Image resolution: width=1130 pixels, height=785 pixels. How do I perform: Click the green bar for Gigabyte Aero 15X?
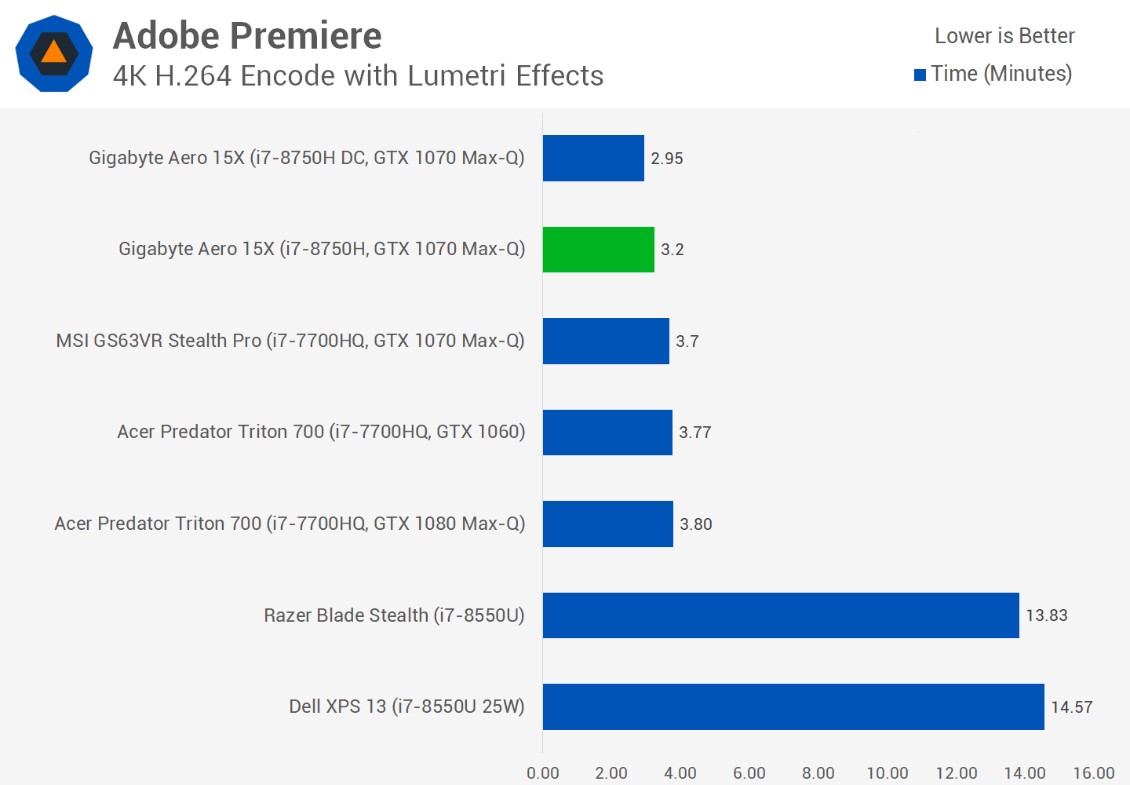click(598, 250)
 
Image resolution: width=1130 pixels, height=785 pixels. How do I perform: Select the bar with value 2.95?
click(593, 159)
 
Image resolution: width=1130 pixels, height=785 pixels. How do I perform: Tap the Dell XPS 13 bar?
click(793, 706)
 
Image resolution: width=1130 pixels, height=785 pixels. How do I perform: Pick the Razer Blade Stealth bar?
click(781, 615)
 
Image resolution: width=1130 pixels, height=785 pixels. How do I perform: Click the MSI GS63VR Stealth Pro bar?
click(606, 341)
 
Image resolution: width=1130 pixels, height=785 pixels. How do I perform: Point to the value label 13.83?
click(1047, 615)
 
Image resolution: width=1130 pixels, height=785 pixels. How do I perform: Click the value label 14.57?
click(1072, 707)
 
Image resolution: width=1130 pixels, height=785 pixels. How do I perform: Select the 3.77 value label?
click(695, 433)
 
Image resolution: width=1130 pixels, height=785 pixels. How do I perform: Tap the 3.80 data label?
click(696, 524)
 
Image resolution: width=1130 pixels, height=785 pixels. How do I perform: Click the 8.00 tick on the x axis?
click(818, 773)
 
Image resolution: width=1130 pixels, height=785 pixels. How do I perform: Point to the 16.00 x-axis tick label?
click(1094, 773)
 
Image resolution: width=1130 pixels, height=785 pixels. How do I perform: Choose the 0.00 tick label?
click(543, 773)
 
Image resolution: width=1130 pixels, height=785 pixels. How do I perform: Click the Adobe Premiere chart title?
click(247, 36)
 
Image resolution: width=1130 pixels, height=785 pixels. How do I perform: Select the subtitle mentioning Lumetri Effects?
click(358, 76)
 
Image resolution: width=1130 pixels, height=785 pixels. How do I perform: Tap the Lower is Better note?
click(1004, 36)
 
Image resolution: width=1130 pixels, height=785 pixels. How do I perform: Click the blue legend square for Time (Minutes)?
click(920, 75)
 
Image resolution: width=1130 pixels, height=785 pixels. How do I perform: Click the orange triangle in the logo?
click(53, 53)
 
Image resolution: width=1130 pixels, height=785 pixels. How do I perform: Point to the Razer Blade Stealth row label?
click(394, 615)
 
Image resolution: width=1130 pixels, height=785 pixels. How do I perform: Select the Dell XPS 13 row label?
click(406, 706)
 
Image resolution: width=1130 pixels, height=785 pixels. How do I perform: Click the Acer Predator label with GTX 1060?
click(321, 432)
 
